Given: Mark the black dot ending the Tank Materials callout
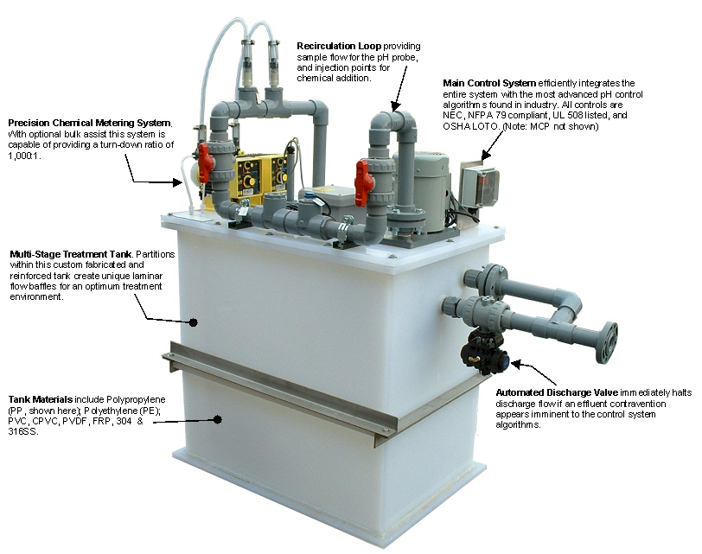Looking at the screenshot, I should (218, 419).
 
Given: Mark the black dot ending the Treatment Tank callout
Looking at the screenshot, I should (194, 322).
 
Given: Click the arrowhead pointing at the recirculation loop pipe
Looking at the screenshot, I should (396, 105).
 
